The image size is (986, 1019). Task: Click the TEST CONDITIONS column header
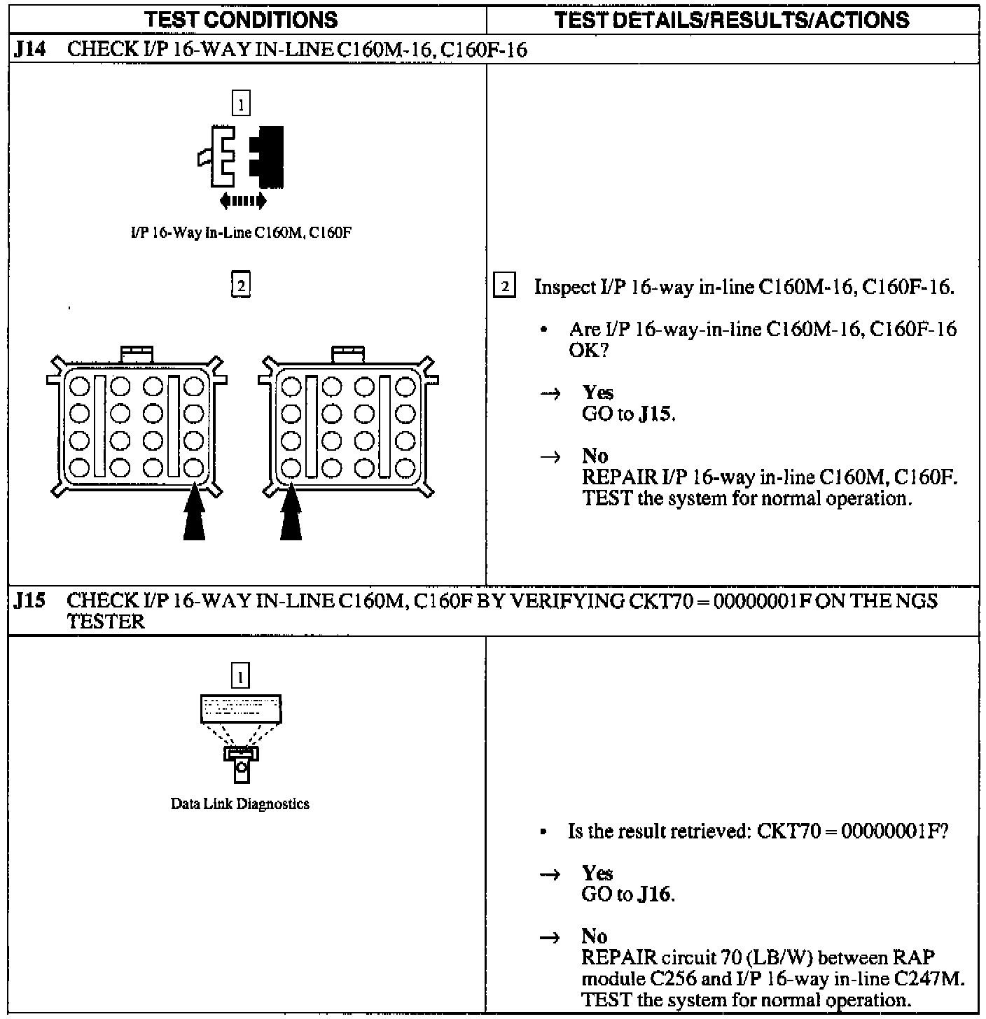[242, 19]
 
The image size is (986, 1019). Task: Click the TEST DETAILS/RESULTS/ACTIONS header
[732, 19]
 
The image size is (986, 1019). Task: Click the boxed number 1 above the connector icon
[240, 104]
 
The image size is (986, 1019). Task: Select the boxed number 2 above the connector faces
[240, 285]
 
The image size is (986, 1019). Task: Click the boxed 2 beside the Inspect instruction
[505, 287]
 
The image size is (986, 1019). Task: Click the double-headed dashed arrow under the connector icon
[242, 202]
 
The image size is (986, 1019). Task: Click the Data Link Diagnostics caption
[240, 803]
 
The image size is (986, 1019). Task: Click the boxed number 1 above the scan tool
[240, 677]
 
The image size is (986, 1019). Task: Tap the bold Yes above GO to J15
[597, 393]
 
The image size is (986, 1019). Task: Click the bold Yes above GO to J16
[597, 873]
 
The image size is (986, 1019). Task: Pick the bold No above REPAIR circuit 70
[595, 936]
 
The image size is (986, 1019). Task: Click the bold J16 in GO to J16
[656, 894]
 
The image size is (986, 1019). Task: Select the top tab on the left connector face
[137, 353]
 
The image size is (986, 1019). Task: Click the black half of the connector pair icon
[268, 157]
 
